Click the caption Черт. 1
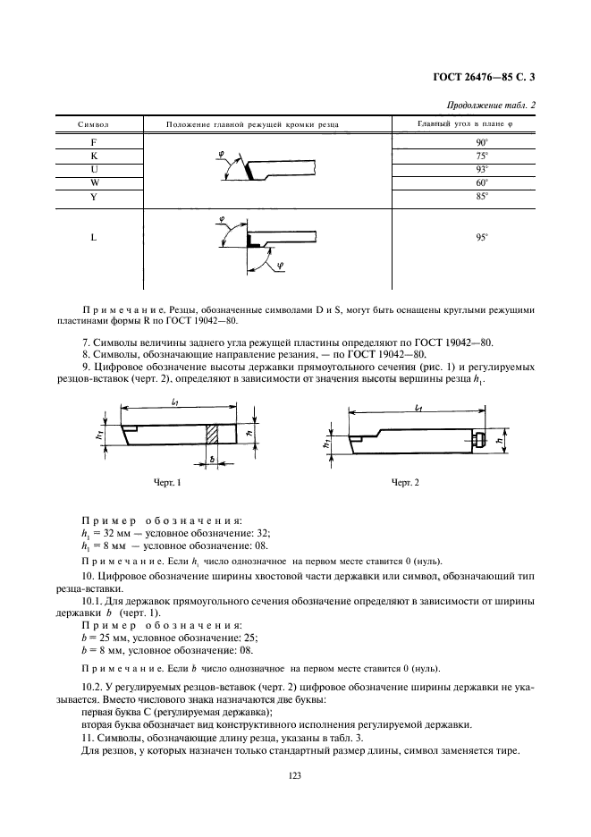(167, 483)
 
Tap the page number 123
(295, 775)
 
